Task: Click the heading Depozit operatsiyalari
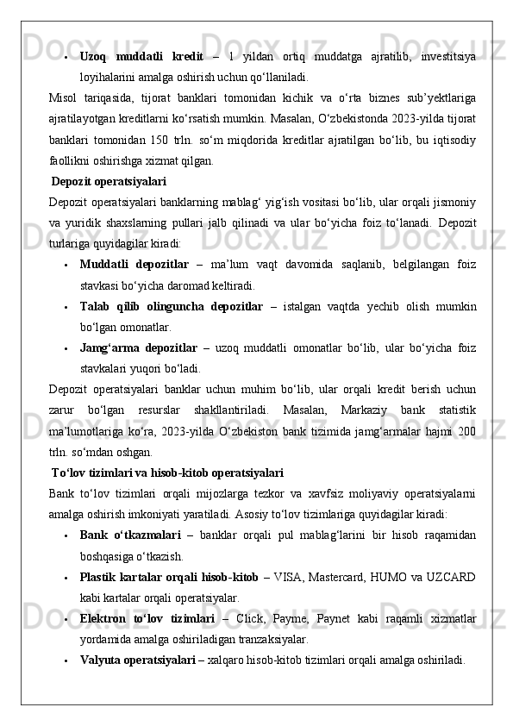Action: [109, 182]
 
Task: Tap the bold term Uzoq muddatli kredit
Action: [141, 57]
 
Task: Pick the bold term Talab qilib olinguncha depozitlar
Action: [172, 306]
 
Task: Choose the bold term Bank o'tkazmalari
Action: [130, 536]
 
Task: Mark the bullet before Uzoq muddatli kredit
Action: [66, 57]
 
